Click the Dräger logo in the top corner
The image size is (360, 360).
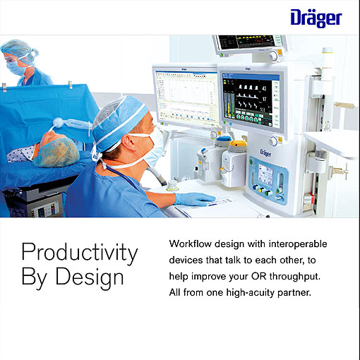[x=315, y=17]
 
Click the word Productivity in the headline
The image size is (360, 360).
[x=79, y=252]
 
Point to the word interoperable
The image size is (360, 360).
[x=299, y=244]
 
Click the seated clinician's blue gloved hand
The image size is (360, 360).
[x=193, y=199]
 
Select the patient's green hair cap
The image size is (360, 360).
[x=56, y=152]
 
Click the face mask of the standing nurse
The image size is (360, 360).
[x=16, y=66]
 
